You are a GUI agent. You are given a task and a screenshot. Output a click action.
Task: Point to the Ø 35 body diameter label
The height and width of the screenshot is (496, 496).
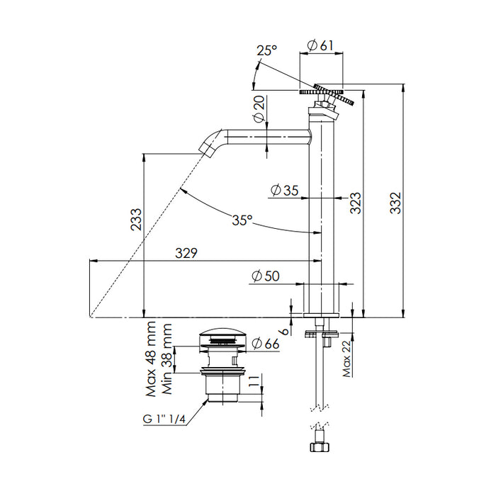(x=285, y=190)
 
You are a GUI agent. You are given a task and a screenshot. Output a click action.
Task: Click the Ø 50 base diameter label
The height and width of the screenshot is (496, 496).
(x=264, y=276)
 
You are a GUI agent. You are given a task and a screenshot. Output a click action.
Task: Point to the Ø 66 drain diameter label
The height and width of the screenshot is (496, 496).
(x=265, y=344)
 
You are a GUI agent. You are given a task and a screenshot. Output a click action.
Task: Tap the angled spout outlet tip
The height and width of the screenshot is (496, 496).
(x=207, y=147)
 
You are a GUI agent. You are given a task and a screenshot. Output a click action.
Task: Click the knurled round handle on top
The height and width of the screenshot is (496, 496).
(x=322, y=93)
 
